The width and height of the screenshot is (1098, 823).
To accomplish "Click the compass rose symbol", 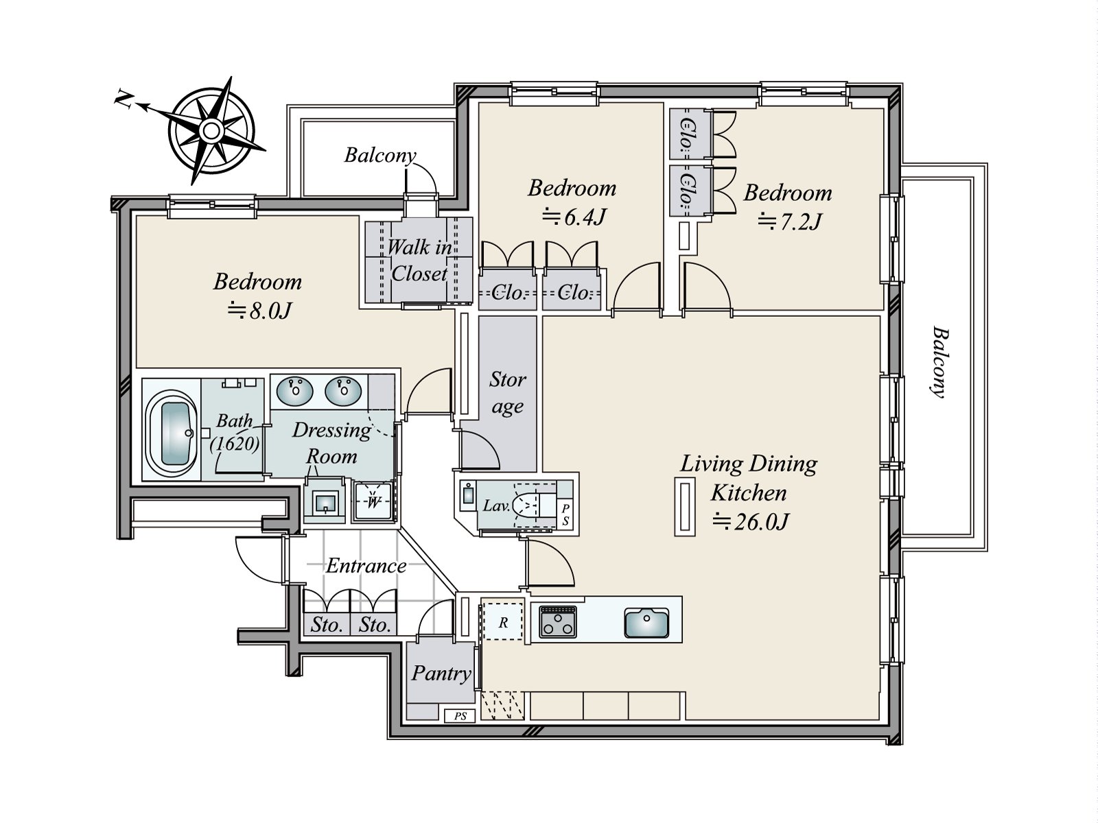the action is (211, 131).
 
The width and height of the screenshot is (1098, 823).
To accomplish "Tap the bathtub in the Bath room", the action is (172, 434).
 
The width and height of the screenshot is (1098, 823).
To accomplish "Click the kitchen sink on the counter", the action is (646, 623).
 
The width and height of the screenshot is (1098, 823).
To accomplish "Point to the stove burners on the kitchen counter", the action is (558, 621).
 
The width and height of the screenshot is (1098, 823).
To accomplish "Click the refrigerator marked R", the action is (503, 622).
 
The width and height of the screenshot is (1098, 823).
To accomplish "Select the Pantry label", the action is (441, 673).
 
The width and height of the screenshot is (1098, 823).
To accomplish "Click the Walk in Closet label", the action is (419, 261).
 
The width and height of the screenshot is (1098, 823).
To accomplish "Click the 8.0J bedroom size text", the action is (259, 311).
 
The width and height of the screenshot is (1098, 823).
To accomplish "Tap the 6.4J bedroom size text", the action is (574, 217).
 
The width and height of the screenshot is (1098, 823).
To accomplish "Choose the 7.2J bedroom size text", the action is (789, 222).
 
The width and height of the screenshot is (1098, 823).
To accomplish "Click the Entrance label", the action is (366, 566).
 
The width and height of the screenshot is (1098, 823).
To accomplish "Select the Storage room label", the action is (507, 393).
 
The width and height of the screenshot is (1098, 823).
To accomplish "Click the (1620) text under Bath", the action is (235, 443).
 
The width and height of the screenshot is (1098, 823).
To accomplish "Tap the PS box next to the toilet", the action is (565, 514).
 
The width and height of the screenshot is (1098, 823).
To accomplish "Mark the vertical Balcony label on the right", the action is (940, 362).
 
